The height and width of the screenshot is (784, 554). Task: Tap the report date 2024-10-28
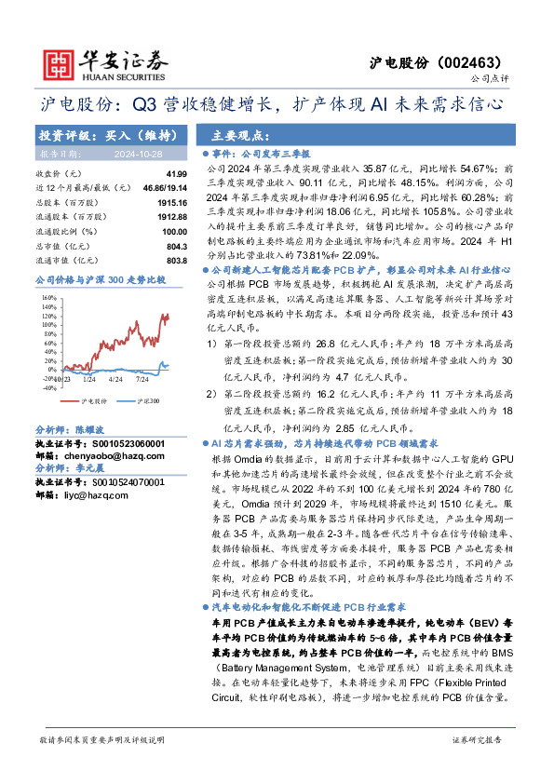pyautogui.click(x=141, y=153)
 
